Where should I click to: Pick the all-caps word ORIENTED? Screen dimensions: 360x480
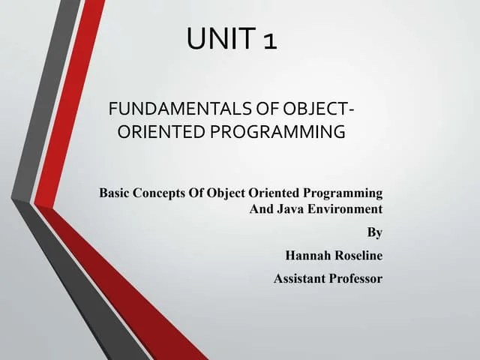pos(159,133)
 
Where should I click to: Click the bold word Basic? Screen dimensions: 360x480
pos(115,193)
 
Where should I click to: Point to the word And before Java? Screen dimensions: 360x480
pos(261,208)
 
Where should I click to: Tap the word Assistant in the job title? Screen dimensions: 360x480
pos(298,279)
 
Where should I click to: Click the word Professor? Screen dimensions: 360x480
pos(355,279)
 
